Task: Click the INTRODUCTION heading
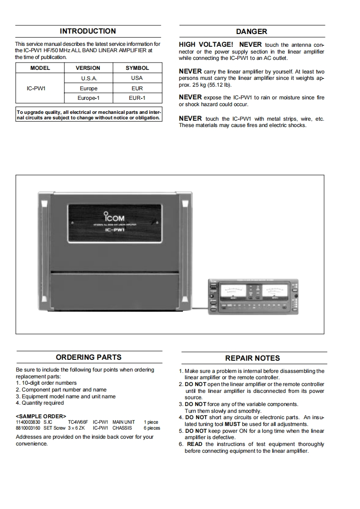88,31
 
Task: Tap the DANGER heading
252,32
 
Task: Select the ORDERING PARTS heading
89,357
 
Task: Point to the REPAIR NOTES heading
252,358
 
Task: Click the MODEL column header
40,68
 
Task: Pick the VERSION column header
88,68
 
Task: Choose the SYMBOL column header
137,68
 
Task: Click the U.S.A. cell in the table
88,78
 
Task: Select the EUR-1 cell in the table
137,98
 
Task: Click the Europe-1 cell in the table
88,98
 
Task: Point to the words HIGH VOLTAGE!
206,45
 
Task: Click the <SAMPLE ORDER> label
41,416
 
